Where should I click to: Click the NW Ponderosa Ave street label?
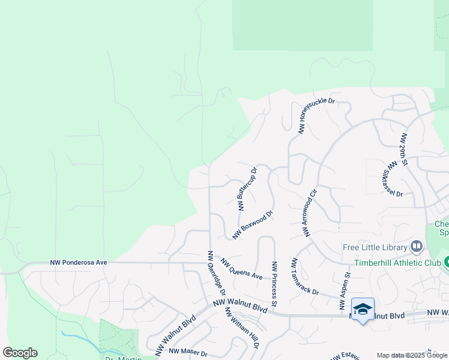pos(79,262)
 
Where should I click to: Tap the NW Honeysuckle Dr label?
pos(316,114)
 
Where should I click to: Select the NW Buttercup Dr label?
pos(247,188)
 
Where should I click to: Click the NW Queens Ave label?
pos(241,269)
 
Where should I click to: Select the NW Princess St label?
pos(274,284)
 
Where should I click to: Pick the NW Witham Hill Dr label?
pos(241,328)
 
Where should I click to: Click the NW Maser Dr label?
pos(188,352)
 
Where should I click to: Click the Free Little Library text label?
pos(375,247)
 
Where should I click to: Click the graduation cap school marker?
pos(363,309)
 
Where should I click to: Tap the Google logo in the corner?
pos(20,353)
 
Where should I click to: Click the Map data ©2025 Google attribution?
pos(412,355)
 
